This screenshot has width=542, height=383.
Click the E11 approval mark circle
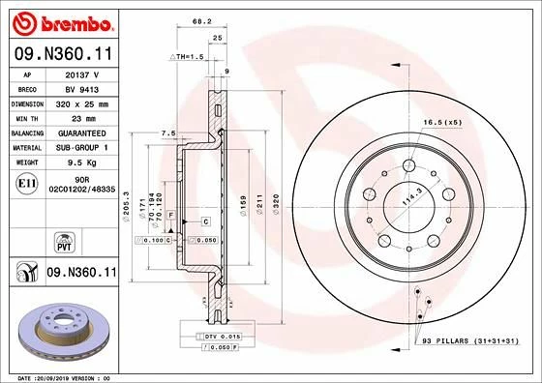point(28,182)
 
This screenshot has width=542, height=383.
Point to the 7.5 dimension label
point(166,133)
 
